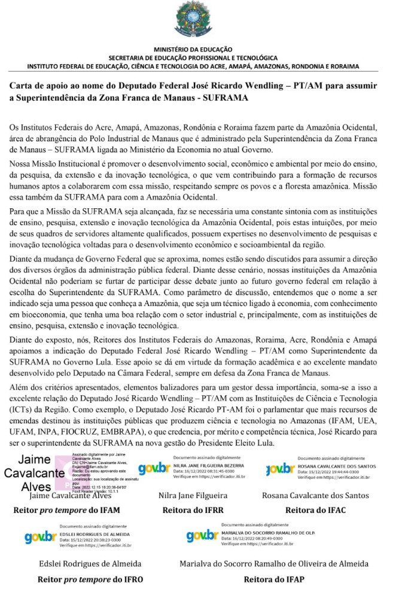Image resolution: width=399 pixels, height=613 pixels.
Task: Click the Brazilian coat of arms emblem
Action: pyautogui.click(x=193, y=20)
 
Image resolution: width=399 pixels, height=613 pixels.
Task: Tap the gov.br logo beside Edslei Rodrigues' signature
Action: pyautogui.click(x=41, y=537)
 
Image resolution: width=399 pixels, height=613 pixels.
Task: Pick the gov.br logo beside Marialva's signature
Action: pyautogui.click(x=202, y=536)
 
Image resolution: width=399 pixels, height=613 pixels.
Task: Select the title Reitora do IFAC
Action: pyautogui.click(x=315, y=511)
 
